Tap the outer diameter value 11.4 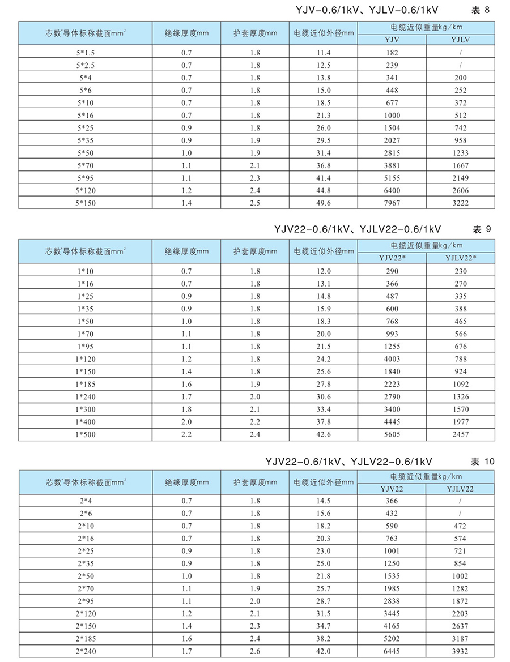(x=323, y=53)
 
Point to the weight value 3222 (x=460, y=203)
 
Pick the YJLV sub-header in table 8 (x=460, y=39)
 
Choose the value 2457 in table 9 (x=460, y=434)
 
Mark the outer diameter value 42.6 (x=323, y=434)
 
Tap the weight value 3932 (x=460, y=651)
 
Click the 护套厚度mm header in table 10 (x=255, y=482)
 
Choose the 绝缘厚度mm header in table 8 (x=187, y=33)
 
